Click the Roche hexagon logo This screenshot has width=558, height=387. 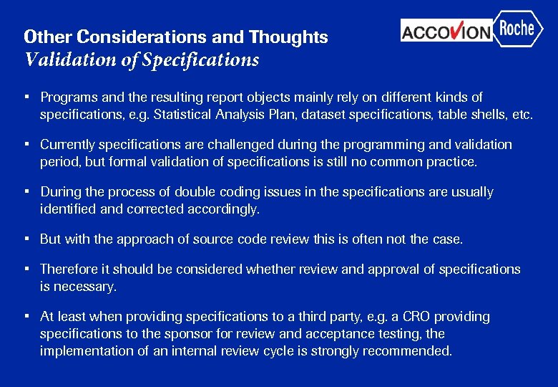pos(517,29)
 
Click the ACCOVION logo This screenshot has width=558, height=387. pos(446,32)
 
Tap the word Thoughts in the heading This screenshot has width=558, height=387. pos(288,37)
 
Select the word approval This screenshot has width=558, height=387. pos(393,269)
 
